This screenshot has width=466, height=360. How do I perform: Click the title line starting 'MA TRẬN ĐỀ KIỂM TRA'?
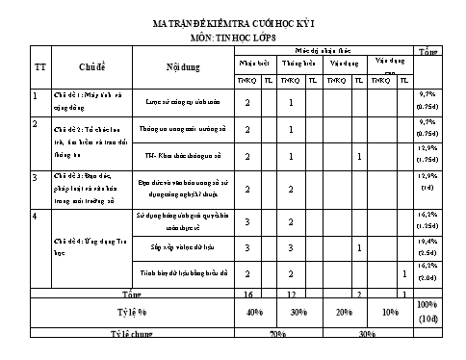point(232,18)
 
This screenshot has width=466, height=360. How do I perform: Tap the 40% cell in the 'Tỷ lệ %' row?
point(254,313)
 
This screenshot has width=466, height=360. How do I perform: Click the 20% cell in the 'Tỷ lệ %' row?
point(344,313)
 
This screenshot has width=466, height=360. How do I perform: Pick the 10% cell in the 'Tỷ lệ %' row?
point(389,313)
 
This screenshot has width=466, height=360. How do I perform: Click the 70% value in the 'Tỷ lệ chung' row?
point(276,334)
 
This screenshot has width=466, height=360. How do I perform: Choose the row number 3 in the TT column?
point(36,177)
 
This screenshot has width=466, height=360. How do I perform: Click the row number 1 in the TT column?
point(36,94)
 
